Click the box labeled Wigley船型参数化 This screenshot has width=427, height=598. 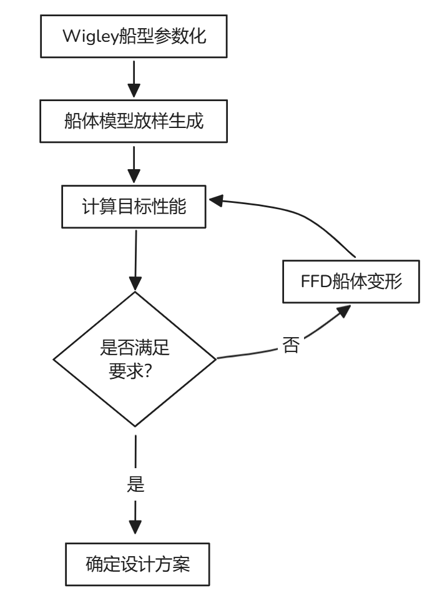[134, 36]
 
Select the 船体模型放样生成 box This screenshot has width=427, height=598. [134, 121]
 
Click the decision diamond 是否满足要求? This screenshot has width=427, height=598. [134, 359]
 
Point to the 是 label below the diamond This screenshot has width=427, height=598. [135, 484]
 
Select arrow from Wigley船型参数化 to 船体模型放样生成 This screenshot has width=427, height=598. [134, 78]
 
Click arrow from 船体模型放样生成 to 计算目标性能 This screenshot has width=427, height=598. [134, 164]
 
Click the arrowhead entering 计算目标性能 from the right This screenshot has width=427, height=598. [216, 200]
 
